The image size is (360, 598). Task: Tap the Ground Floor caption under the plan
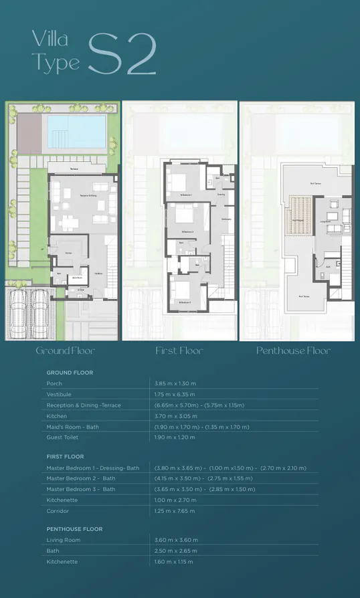click(65, 351)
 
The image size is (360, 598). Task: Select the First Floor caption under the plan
click(179, 351)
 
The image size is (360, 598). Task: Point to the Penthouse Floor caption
click(294, 351)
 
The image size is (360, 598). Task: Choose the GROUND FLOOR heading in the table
click(70, 373)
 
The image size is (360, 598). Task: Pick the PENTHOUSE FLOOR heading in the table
click(74, 529)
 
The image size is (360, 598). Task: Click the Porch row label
click(54, 383)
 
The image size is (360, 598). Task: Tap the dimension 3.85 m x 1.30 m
click(175, 383)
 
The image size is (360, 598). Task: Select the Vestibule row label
click(58, 394)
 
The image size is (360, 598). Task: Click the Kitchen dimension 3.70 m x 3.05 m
click(175, 415)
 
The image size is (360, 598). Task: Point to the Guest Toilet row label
click(63, 437)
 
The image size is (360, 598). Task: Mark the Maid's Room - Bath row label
click(72, 426)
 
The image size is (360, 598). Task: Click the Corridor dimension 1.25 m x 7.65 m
click(175, 510)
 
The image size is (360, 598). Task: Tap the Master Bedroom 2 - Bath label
click(81, 478)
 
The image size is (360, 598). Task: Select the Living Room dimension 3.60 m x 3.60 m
click(176, 540)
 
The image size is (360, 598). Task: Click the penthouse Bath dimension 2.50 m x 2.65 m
click(176, 551)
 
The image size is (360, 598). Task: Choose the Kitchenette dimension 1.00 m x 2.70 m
click(175, 500)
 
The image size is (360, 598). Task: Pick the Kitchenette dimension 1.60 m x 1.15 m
click(175, 561)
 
